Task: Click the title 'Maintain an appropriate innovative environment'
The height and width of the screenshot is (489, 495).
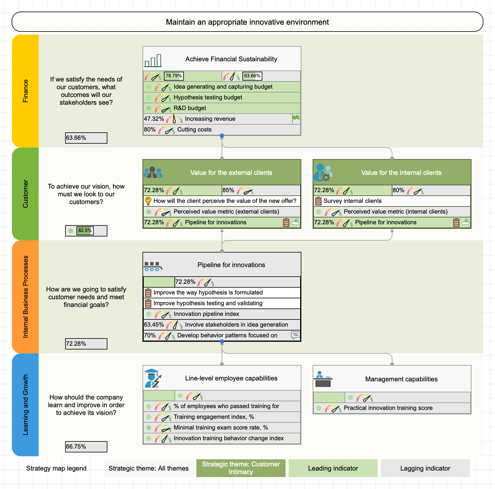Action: point(247,22)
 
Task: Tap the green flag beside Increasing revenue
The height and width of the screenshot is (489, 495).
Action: point(296,119)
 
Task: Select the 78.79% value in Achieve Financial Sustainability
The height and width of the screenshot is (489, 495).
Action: point(174,76)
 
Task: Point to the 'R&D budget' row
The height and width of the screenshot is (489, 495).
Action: point(222,108)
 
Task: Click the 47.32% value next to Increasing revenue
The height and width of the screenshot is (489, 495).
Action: point(154,119)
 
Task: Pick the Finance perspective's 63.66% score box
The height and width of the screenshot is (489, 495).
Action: point(86,138)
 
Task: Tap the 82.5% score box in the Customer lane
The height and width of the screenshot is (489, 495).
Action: point(86,231)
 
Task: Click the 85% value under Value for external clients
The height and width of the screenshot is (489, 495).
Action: point(228,190)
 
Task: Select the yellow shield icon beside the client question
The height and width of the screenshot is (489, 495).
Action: point(148,201)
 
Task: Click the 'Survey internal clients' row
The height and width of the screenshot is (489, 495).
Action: point(392,201)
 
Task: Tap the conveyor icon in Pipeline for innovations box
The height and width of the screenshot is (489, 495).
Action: point(153,266)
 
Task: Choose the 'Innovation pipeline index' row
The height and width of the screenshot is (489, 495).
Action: point(222,314)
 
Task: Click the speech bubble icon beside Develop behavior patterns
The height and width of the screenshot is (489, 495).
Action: point(295,336)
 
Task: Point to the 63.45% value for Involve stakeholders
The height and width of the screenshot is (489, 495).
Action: point(154,325)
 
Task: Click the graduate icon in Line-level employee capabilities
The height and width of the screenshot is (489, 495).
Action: point(153,378)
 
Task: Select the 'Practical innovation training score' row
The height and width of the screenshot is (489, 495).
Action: point(392,408)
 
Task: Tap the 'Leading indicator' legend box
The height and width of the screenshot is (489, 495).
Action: point(333,468)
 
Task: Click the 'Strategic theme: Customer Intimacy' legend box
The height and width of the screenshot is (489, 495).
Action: point(241,468)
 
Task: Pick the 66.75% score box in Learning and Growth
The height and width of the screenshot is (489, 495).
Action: point(86,447)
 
